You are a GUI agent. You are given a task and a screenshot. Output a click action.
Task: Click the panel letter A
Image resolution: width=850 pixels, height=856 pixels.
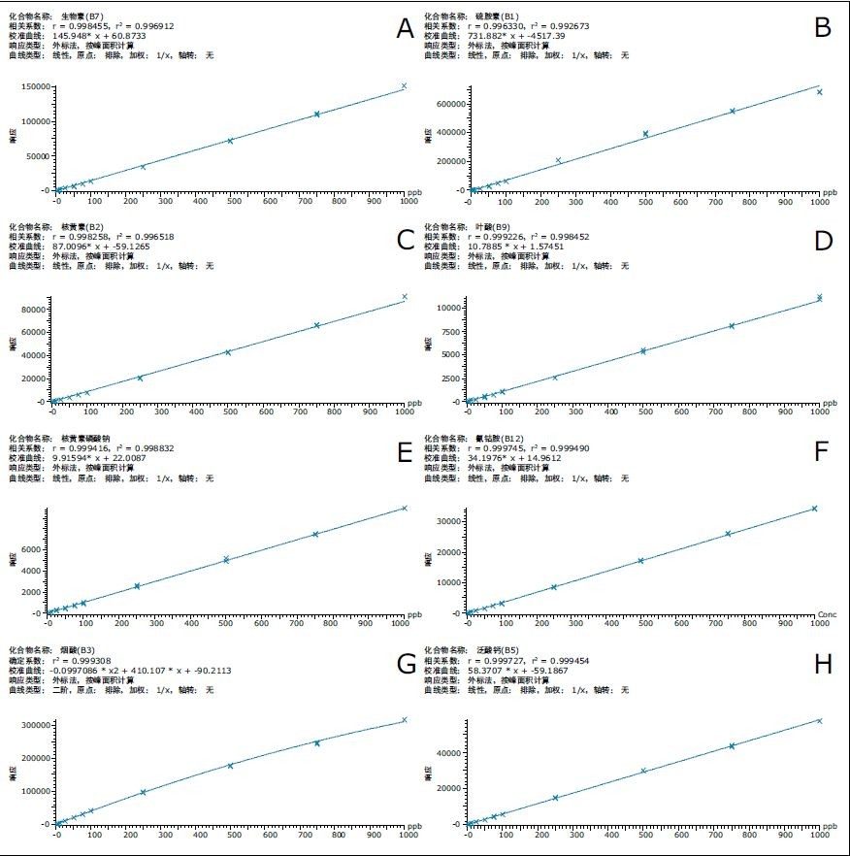point(405,29)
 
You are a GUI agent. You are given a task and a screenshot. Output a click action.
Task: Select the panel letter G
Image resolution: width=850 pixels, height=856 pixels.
point(407,664)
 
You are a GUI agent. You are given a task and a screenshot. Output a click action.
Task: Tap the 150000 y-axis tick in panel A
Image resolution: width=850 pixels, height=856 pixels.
point(34,86)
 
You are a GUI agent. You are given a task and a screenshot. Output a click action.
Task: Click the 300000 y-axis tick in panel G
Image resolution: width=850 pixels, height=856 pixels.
point(34,725)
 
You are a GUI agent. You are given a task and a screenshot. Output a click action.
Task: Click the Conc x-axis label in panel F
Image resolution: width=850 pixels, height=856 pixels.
point(827,614)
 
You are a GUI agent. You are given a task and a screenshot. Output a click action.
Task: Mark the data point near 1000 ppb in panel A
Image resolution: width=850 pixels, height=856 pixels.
point(405,86)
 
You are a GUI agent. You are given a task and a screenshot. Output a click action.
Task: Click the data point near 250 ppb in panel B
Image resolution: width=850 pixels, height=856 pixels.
point(558,160)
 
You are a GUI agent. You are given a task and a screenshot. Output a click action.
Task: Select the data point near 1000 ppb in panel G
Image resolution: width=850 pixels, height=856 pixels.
point(405,720)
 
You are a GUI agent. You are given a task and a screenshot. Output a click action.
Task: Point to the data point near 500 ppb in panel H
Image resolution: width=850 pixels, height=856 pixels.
point(643,771)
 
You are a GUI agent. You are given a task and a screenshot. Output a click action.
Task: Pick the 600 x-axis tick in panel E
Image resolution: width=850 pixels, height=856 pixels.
point(263,615)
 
